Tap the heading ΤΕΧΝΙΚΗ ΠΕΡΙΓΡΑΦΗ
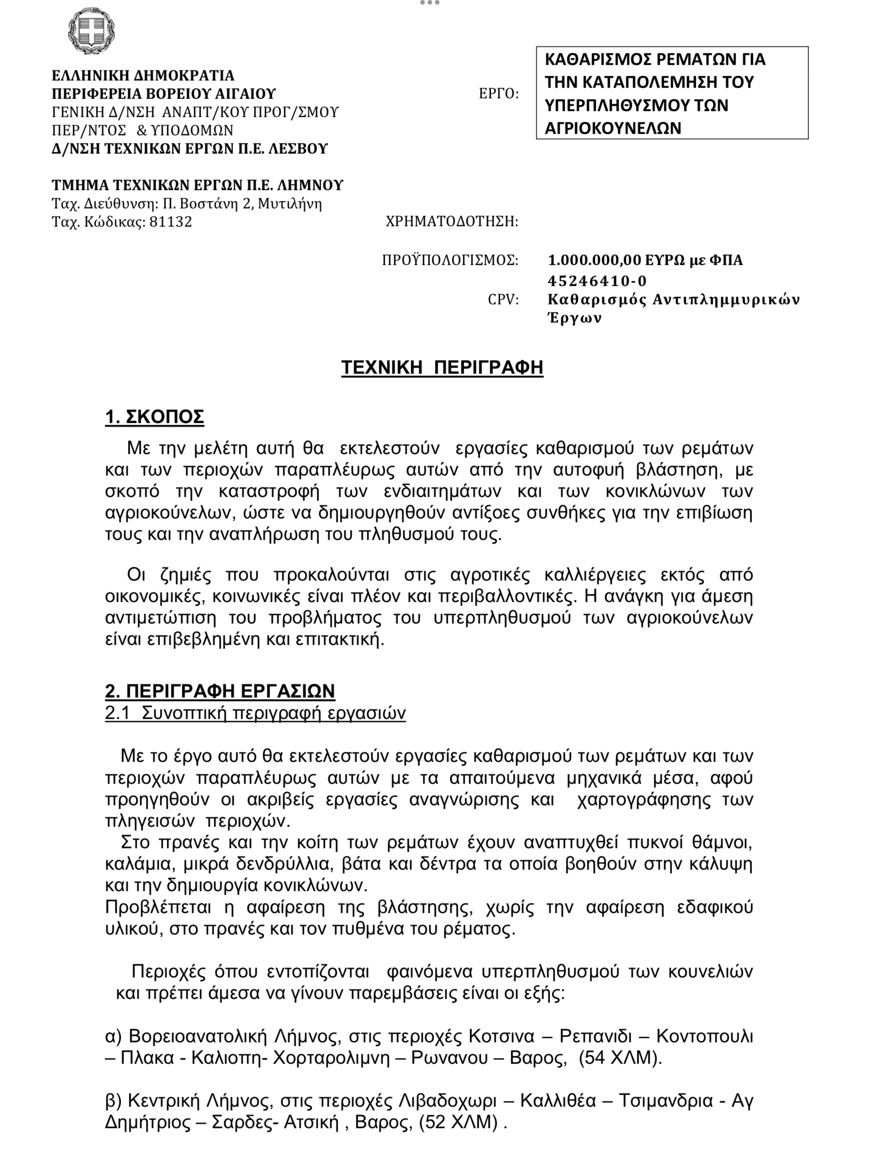click(442, 367)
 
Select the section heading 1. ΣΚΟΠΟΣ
click(154, 417)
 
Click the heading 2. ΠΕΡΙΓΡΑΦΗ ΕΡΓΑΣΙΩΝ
click(220, 691)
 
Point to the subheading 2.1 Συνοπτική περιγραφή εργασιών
click(255, 712)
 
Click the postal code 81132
click(170, 221)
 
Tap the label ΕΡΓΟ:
click(498, 94)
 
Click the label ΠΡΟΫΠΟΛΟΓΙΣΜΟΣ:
click(450, 260)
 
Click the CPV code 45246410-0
click(597, 280)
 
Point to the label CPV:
click(503, 300)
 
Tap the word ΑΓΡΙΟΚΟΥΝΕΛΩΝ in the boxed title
click(613, 128)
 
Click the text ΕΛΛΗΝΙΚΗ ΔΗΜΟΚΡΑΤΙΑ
click(143, 76)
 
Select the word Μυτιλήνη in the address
click(290, 203)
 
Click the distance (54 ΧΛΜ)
click(620, 1057)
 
